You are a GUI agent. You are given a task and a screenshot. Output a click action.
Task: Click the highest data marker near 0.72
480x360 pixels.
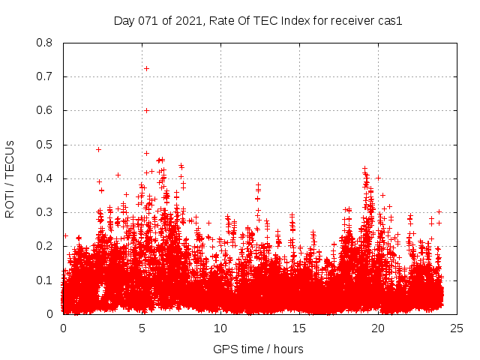click(x=147, y=68)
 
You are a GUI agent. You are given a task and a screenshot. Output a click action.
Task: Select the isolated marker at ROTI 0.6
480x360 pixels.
click(x=147, y=110)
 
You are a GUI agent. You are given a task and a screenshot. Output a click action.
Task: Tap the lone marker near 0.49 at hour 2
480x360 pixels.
click(x=98, y=149)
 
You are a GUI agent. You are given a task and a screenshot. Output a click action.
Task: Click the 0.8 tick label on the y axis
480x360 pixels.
click(x=44, y=43)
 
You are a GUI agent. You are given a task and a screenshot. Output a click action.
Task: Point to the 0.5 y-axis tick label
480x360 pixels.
click(x=44, y=145)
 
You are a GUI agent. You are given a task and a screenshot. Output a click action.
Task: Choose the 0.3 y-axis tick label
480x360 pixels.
click(x=44, y=212)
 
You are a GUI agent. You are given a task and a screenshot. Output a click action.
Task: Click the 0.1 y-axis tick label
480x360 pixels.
click(x=44, y=280)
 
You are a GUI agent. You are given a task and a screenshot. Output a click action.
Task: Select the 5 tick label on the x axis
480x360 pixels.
click(x=142, y=328)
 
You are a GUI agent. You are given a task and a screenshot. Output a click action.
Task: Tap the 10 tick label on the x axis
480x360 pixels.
click(x=220, y=328)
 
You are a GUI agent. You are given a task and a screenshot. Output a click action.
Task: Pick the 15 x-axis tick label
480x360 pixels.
click(x=299, y=328)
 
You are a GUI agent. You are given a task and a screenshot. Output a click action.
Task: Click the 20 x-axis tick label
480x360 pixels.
click(x=378, y=328)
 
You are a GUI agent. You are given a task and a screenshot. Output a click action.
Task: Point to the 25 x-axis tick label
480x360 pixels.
click(x=457, y=328)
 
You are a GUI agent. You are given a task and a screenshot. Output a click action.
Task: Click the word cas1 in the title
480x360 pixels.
click(x=391, y=21)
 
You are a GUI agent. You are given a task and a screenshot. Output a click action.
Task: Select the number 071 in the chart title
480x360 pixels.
click(x=147, y=21)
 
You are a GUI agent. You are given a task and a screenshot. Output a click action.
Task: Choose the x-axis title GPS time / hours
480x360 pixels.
click(x=258, y=349)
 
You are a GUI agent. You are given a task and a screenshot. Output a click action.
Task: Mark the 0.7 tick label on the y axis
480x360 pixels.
click(x=44, y=76)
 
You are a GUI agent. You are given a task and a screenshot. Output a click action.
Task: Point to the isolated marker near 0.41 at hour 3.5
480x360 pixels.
click(x=118, y=175)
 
